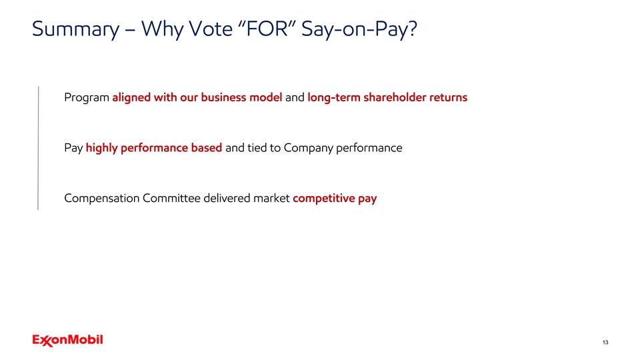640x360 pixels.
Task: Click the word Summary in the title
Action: (75, 29)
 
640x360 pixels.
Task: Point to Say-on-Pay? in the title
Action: (359, 29)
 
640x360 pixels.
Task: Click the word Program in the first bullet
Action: (87, 98)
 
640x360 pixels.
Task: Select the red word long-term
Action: (334, 97)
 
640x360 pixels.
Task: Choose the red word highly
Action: (101, 148)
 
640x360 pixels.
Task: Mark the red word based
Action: (207, 147)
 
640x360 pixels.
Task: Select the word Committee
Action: (171, 198)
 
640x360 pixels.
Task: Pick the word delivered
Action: (227, 198)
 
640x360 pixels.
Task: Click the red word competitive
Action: (324, 199)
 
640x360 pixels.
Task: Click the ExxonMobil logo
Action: (68, 341)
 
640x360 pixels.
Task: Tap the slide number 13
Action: (605, 343)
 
